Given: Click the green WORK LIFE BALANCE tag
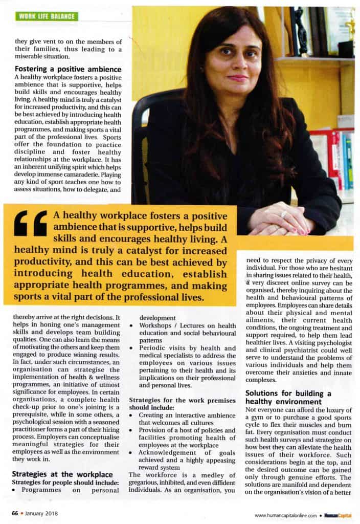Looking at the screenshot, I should [x=48, y=16].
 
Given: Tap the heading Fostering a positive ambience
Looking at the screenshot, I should [x=67, y=69].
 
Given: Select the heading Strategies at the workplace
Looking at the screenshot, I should [x=62, y=474].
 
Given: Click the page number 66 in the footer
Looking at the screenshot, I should [x=16, y=512].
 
